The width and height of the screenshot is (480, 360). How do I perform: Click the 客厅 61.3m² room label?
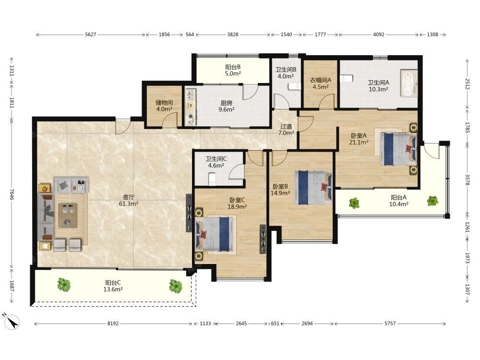coord(129,200)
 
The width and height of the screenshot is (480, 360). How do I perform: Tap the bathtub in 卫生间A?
coord(409,84)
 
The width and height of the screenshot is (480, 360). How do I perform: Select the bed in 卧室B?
coord(313,187)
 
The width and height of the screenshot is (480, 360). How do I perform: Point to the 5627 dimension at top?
coord(91,35)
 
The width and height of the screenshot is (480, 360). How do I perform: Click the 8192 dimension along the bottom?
coord(113,324)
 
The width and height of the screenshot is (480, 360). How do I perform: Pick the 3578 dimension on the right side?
coord(468,180)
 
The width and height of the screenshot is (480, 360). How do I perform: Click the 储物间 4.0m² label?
coord(164,106)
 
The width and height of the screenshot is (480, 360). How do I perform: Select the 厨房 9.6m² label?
coord(227,106)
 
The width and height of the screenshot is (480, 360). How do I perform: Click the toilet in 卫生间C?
coord(212,179)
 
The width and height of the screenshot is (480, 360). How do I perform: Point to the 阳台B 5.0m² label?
coord(233,70)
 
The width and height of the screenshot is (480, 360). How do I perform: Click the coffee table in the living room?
coord(68,216)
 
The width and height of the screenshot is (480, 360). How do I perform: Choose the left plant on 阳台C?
coord(64,285)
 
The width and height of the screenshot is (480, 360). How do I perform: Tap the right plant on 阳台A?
coord(432,201)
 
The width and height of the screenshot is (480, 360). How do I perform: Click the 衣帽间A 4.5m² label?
coord(321,83)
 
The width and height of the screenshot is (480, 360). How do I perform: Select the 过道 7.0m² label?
coord(286,130)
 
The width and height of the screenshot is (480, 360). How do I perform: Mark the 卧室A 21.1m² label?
coord(359,139)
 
